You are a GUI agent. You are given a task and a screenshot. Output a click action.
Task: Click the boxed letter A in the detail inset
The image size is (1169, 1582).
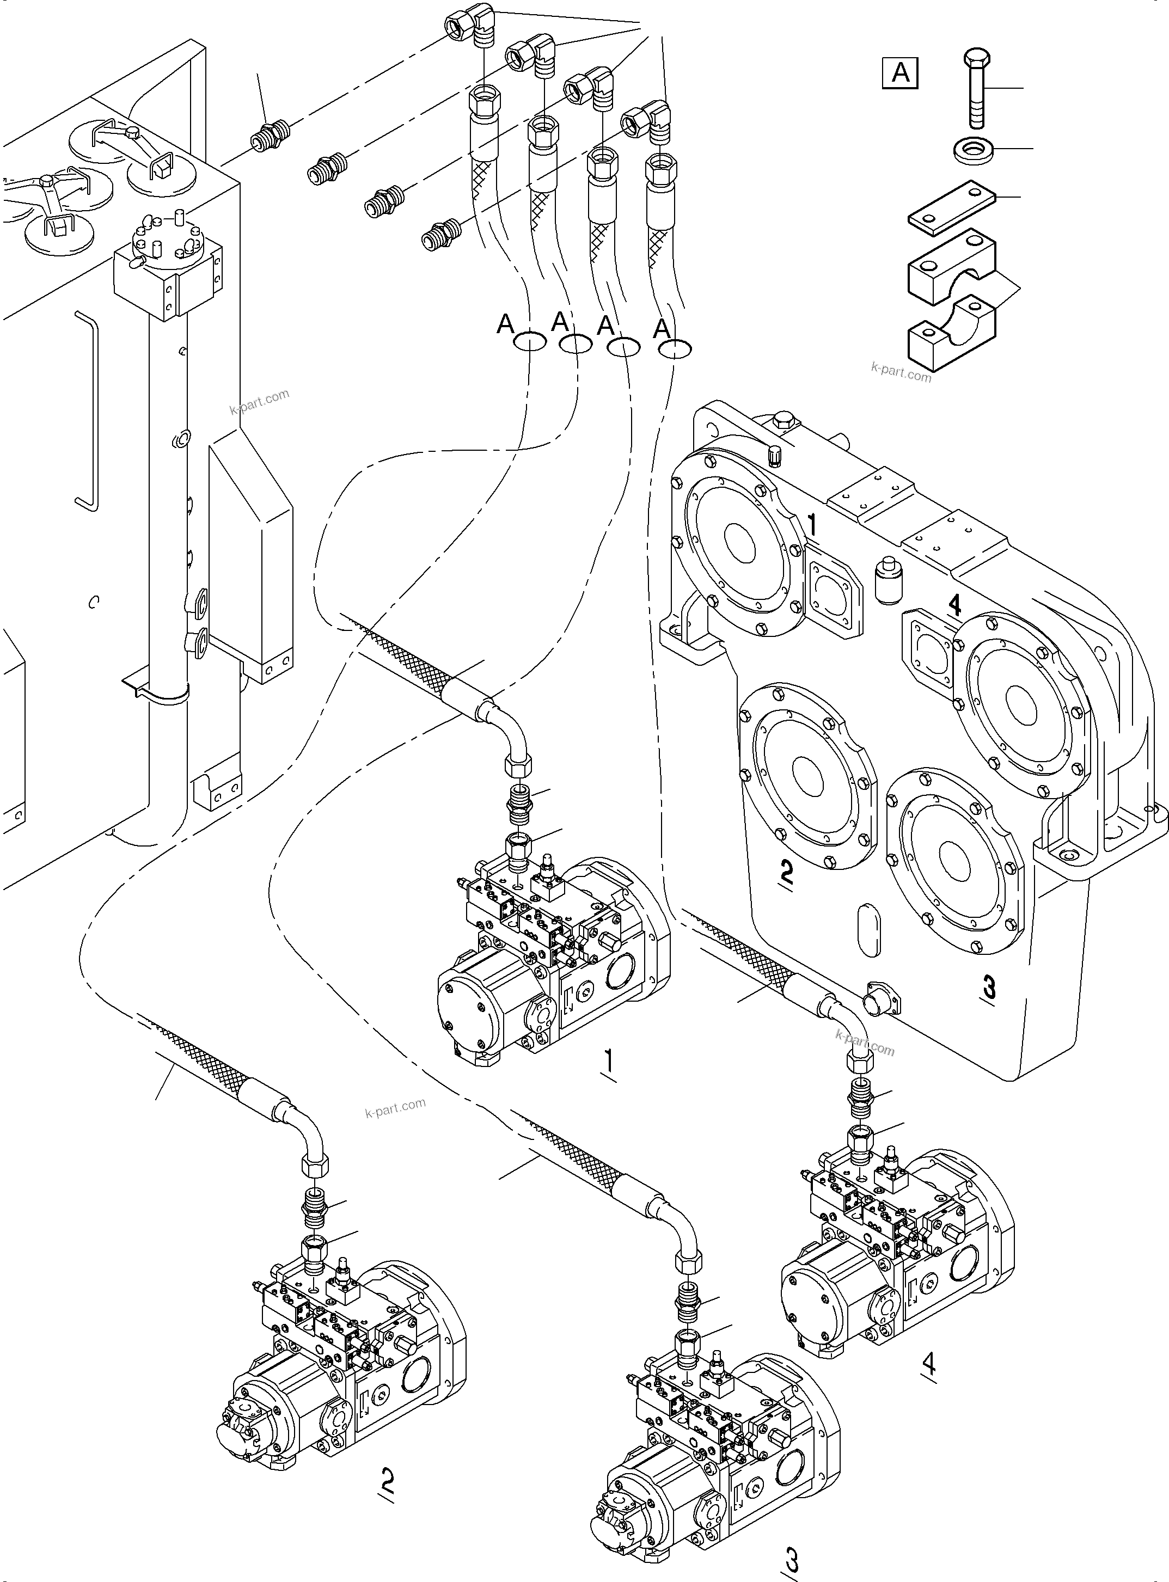(x=900, y=73)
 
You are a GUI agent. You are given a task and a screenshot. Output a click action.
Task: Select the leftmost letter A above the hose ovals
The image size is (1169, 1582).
(x=505, y=324)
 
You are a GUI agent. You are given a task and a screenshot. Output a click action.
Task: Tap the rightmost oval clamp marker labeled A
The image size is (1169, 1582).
(x=675, y=349)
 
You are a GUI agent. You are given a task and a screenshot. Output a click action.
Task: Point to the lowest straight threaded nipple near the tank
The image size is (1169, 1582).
(x=439, y=234)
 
